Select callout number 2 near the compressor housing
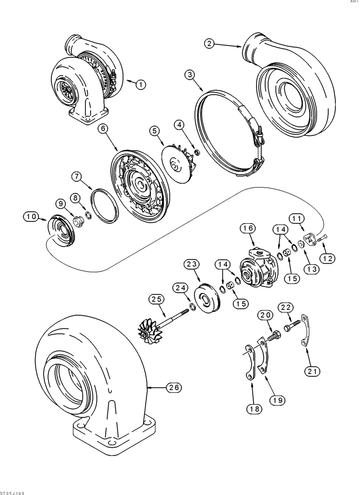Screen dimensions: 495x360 point(211,44)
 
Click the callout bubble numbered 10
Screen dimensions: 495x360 point(30,216)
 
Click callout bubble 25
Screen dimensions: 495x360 point(157,299)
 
